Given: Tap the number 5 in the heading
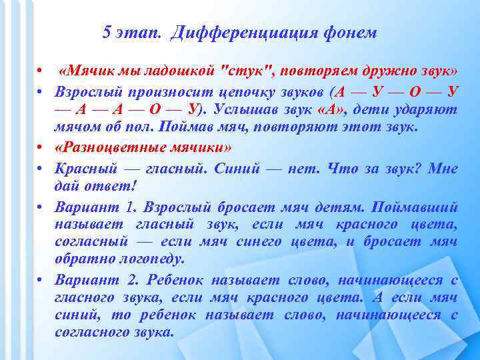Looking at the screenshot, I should coord(107,33).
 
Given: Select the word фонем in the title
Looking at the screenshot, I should coord(353,33).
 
